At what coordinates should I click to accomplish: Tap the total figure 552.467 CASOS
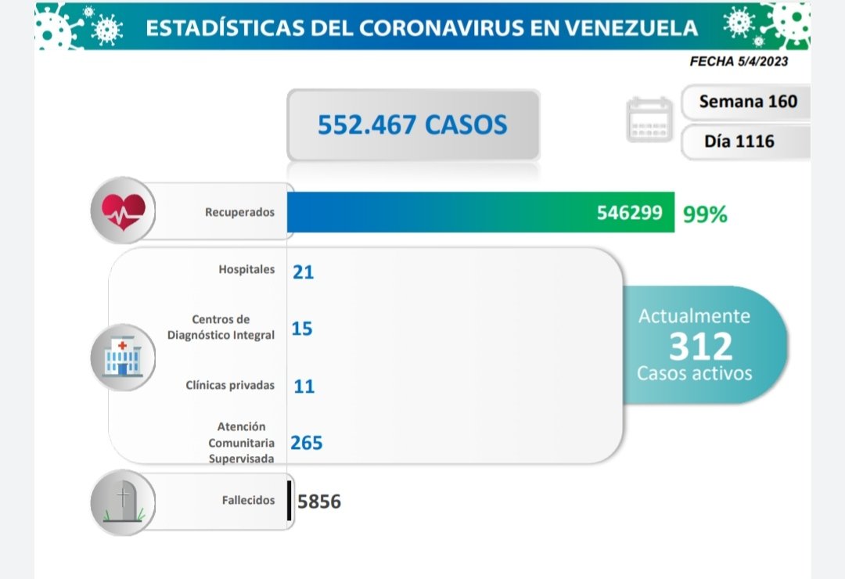pyautogui.click(x=412, y=125)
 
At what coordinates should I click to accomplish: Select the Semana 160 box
pyautogui.click(x=748, y=102)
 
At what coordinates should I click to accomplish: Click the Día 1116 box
pyautogui.click(x=739, y=142)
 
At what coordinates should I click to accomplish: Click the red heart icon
pyautogui.click(x=124, y=210)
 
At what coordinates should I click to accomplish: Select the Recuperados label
pyautogui.click(x=239, y=212)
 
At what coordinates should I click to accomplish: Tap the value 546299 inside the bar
pyautogui.click(x=629, y=213)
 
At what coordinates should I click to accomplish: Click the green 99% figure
pyautogui.click(x=705, y=214)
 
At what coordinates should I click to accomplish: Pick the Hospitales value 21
pyautogui.click(x=303, y=272)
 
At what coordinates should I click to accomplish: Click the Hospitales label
pyautogui.click(x=246, y=270)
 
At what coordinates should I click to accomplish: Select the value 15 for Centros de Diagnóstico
pyautogui.click(x=302, y=329)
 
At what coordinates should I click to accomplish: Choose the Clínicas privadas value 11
pyautogui.click(x=304, y=386)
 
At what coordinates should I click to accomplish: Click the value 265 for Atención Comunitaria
pyautogui.click(x=307, y=443)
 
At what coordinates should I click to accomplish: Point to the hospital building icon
pyautogui.click(x=122, y=357)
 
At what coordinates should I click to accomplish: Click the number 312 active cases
pyautogui.click(x=700, y=345)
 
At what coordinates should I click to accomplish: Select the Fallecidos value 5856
pyautogui.click(x=319, y=501)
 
